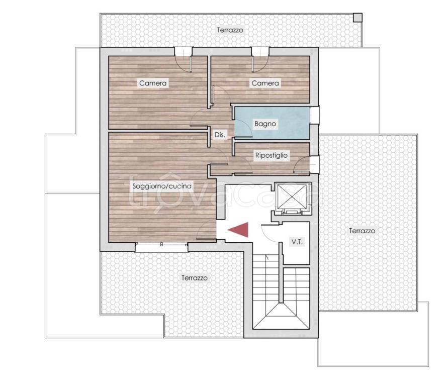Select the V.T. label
tap(297, 242)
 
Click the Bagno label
tap(265, 124)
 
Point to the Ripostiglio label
tap(272, 155)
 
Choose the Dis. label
tap(220, 135)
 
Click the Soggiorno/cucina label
tap(162, 186)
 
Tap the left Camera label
tap(153, 83)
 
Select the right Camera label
tap(265, 83)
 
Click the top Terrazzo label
tap(230, 30)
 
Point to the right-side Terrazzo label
tap(362, 231)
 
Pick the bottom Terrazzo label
tap(195, 278)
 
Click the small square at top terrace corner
tap(358, 18)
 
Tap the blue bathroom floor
tap(272, 123)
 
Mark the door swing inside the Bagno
tap(243, 129)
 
